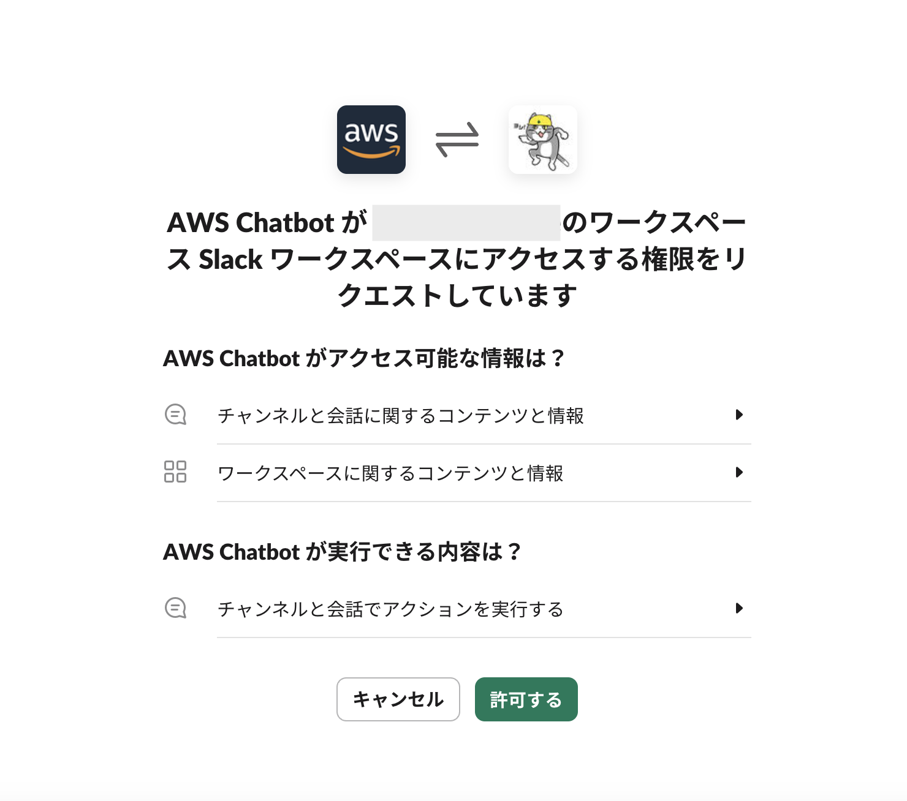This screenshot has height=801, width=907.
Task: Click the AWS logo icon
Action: (371, 140)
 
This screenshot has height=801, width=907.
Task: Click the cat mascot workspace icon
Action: (542, 140)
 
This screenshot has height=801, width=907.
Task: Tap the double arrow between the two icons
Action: (457, 140)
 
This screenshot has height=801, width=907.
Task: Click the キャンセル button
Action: (398, 699)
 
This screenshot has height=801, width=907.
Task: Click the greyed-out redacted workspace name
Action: (466, 223)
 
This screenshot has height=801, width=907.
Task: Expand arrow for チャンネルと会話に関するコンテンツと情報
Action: (739, 415)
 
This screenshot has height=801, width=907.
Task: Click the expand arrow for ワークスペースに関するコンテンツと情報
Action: (739, 473)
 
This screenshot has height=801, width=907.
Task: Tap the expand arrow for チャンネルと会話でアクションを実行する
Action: (739, 609)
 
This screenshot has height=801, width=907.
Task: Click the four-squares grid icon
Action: (175, 472)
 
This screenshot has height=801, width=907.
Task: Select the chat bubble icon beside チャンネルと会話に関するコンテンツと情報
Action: (175, 415)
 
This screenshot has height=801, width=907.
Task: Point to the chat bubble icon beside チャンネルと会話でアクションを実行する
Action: (175, 609)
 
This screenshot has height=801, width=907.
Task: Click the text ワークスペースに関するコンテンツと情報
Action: (390, 473)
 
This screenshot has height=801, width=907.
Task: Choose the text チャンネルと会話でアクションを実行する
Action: (390, 609)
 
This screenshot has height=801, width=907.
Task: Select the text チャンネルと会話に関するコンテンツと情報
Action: (400, 416)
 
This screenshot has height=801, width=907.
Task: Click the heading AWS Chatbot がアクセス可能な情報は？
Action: (363, 358)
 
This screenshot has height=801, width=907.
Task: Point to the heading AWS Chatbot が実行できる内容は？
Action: (341, 552)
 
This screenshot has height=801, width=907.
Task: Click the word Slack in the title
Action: (230, 260)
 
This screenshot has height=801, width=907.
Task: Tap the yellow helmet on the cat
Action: (539, 121)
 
